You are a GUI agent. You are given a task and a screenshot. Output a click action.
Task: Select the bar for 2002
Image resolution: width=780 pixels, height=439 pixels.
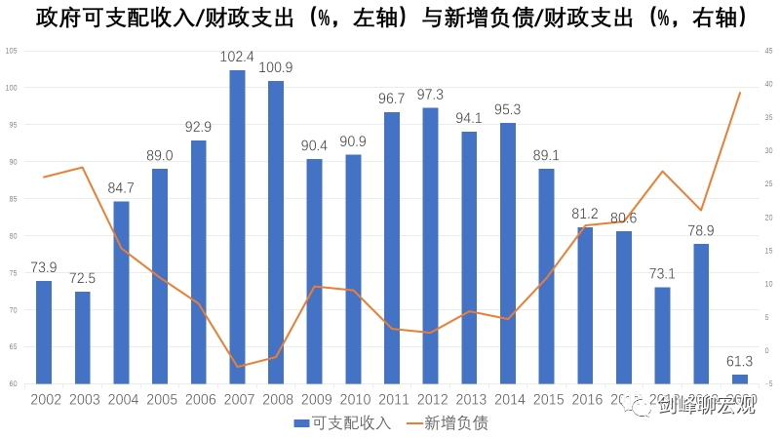pos(44,332)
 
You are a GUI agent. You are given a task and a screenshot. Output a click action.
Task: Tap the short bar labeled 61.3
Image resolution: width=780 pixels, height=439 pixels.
pos(740,379)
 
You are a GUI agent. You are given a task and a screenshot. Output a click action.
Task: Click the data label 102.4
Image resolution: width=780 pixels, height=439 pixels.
pos(237,57)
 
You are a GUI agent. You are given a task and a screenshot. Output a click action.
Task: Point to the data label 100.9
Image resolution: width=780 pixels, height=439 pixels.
pos(276,67)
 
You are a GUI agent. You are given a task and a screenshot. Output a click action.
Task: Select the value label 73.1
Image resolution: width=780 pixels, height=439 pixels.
pos(663,273)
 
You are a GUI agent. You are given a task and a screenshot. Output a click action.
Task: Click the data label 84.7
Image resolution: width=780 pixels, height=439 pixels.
pos(121,187)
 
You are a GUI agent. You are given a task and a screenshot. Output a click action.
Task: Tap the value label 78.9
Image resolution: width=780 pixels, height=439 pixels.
pos(701,230)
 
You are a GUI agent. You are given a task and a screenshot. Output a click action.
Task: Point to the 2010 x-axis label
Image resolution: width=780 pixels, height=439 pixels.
pos(353,399)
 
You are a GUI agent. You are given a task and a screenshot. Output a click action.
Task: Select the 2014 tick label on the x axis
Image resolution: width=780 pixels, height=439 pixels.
pos(508,399)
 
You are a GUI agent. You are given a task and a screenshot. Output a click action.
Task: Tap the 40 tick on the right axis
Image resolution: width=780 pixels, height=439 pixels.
pos(769,85)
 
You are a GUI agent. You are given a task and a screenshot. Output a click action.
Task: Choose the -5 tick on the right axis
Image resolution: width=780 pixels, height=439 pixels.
pos(769,383)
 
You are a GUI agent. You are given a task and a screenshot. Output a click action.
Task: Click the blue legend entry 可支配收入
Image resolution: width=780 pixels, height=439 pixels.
pos(341,422)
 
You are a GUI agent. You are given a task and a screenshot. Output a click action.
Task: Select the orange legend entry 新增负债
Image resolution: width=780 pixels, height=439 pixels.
pos(449,422)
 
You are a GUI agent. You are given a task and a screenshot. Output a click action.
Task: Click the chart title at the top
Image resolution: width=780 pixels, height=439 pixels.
pos(390,18)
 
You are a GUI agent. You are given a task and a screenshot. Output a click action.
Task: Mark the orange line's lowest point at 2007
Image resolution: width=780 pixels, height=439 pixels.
pos(237,367)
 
